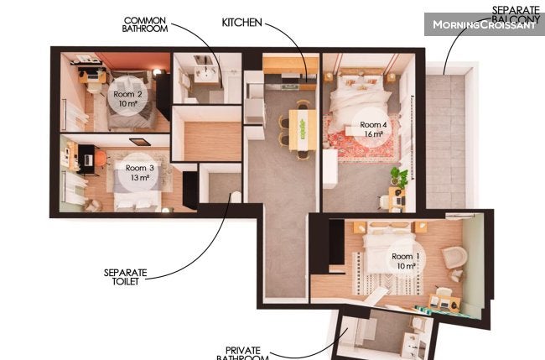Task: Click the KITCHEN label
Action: tap(242, 23)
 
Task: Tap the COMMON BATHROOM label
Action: tap(145, 24)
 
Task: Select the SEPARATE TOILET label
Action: tap(126, 277)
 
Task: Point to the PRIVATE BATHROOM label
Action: tap(242, 353)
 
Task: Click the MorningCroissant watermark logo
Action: tap(484, 24)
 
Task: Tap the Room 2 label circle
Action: tap(127, 98)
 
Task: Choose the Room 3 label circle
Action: tap(139, 173)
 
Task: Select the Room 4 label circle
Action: tap(373, 128)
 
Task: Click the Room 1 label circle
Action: tap(406, 261)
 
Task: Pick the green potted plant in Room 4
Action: tap(398, 176)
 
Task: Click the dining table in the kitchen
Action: tap(303, 130)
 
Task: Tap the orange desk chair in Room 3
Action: tap(101, 159)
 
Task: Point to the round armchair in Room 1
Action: tap(454, 257)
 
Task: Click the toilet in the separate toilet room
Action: tap(236, 197)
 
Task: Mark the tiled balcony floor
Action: tap(445, 142)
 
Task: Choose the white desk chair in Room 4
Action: tap(383, 202)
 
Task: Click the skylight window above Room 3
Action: tap(140, 142)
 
